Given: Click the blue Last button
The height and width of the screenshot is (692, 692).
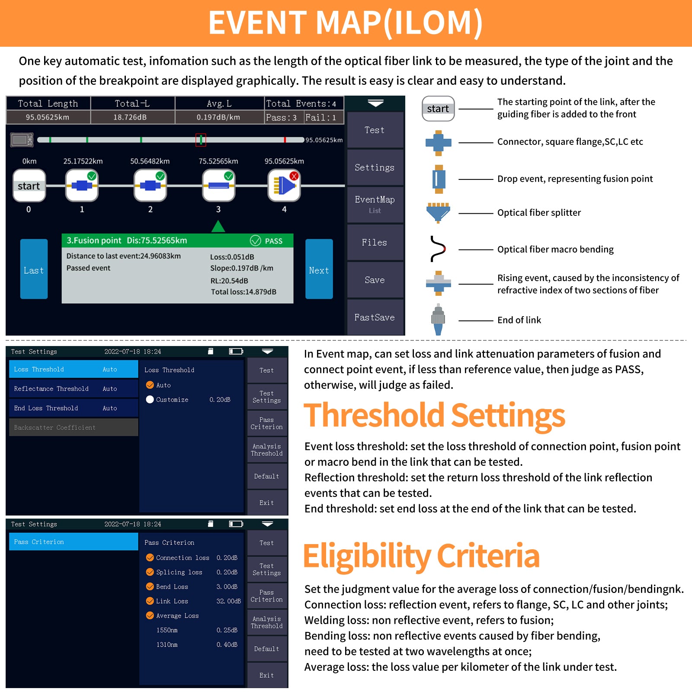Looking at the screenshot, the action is coord(34,269).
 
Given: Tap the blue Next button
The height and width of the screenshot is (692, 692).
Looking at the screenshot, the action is coord(319,269).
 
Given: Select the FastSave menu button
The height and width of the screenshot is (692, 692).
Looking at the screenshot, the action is coord(375,317).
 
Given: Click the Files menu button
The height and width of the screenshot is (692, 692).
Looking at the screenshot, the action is coord(375,242).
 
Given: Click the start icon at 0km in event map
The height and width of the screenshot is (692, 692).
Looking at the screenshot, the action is coord(29,186).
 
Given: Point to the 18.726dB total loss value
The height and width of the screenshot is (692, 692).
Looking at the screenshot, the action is coord(130,117).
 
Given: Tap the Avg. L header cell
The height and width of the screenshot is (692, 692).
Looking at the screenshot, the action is coord(219,103).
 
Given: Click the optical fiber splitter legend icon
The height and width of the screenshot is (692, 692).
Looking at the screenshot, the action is coord(439,212).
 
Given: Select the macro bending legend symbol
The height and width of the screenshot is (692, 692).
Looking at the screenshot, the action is coord(438,249).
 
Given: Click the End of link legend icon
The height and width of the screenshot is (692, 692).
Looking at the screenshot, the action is coord(438,320).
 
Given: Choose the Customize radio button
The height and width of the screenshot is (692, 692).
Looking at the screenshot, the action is coord(150,400).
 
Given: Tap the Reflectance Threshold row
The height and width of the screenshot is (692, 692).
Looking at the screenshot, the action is coord(74,388).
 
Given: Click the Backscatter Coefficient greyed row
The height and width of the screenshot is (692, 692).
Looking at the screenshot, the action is coord(74,427).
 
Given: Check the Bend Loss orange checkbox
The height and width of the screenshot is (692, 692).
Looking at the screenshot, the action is coord(150,586).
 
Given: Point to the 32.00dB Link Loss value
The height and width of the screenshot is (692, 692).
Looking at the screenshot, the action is coord(228,601).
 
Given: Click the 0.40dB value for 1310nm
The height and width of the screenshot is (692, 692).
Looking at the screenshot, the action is coord(227,644).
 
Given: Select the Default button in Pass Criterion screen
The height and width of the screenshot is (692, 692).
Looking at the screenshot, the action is coord(267,649).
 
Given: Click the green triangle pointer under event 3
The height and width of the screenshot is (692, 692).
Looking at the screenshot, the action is coord(218,226).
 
